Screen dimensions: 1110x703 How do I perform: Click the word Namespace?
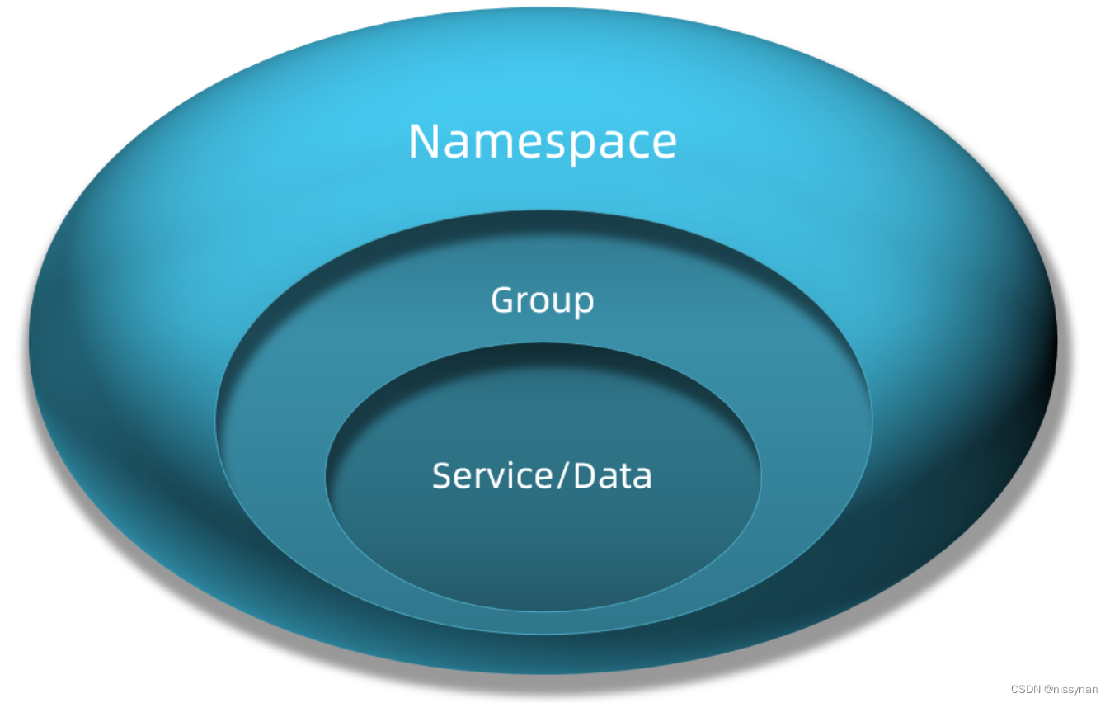[x=542, y=142]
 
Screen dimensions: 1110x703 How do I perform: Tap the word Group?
[x=542, y=300]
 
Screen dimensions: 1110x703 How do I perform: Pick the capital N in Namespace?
[x=424, y=141]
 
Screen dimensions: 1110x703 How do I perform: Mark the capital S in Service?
[x=441, y=476]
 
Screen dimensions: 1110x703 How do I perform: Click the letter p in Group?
[x=583, y=304]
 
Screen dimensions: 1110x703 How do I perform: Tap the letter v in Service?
[x=496, y=479]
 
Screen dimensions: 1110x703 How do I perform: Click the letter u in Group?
[x=562, y=303]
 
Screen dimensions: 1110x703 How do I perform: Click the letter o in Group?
[x=542, y=303]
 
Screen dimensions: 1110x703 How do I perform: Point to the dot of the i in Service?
[x=510, y=465]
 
